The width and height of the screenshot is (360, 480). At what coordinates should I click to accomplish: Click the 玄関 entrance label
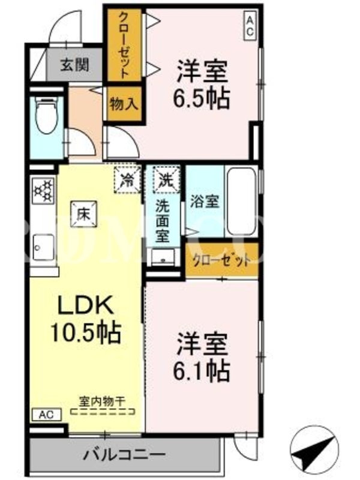click(x=74, y=65)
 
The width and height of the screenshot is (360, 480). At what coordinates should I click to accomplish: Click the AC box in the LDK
click(x=47, y=415)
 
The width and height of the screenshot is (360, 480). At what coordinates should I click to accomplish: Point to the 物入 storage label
click(x=124, y=103)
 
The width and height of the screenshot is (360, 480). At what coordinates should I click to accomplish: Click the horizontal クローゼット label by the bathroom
click(x=221, y=260)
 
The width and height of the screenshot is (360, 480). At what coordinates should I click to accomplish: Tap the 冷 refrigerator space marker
click(x=127, y=180)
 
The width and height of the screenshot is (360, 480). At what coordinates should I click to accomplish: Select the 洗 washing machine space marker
click(x=167, y=180)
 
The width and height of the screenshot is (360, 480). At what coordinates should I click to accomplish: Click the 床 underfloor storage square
click(x=84, y=214)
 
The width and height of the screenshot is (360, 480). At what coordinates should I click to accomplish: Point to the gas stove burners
click(x=43, y=191)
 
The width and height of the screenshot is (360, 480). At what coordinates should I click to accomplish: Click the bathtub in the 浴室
click(x=241, y=201)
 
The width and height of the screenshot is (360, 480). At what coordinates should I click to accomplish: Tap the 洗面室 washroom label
click(x=162, y=220)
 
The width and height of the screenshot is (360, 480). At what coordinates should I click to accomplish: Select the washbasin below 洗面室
click(x=163, y=258)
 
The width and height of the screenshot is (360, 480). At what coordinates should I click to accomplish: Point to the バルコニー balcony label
click(x=124, y=454)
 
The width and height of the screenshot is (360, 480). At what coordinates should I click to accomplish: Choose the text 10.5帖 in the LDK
click(x=86, y=332)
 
